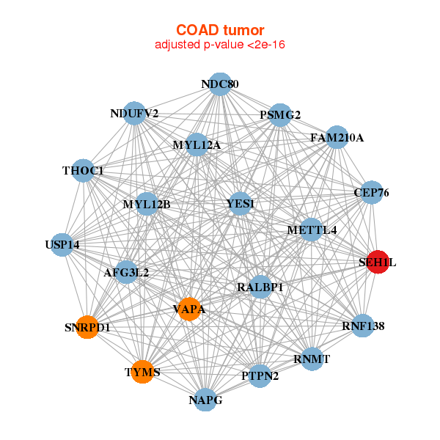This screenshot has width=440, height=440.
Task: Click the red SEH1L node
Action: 378,262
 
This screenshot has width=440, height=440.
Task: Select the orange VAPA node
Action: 189,309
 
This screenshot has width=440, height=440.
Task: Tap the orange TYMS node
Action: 143,372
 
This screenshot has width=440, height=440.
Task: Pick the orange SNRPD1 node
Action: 87,327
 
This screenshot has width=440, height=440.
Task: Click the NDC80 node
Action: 220,84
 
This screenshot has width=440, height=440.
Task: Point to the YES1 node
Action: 240,204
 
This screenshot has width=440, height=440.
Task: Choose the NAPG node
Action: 205,400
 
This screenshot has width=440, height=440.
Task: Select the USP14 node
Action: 62,245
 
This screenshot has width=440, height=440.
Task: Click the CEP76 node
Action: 372,192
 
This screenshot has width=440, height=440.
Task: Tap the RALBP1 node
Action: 260,287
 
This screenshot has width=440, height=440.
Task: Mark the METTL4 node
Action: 312,230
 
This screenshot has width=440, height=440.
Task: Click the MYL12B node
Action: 147,204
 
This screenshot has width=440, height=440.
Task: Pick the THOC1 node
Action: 83,171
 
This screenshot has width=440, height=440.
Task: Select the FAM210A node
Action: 337,138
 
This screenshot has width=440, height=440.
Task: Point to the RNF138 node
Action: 363,326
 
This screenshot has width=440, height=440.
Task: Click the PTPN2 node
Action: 260,376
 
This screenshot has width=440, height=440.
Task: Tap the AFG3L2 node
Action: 126,272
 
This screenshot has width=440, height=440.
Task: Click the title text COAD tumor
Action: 220,30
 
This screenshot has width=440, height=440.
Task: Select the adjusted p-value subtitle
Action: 220,45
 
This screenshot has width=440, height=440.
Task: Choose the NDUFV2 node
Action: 134,114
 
